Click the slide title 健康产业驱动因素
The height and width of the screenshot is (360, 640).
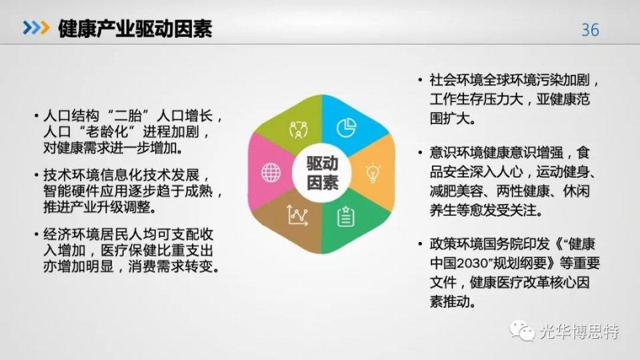click(135, 29)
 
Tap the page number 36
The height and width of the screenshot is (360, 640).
click(590, 30)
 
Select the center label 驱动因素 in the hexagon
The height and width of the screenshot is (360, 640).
click(322, 173)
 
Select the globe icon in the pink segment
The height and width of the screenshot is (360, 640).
click(271, 173)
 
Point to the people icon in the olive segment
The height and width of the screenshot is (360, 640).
click(297, 128)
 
